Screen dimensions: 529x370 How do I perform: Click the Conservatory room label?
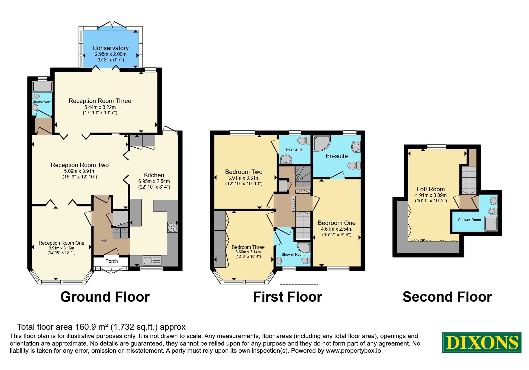coord(111,48)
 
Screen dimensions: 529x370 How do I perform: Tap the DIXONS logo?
coord(482,342)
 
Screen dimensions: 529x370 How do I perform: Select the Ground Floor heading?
coord(105,297)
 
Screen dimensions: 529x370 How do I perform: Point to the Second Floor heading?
coord(447,297)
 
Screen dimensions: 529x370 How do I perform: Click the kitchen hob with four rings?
coord(172,227)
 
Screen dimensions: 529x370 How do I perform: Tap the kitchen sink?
coord(152,260)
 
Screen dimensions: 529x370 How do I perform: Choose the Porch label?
coord(111,261)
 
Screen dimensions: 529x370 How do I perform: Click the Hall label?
coord(104,240)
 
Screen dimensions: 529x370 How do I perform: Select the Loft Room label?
coord(431,189)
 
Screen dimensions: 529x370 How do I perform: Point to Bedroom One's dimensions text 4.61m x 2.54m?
coord(337,229)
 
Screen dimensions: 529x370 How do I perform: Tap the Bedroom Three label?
coord(248,247)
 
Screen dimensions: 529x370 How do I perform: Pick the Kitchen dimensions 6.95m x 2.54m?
coord(154,181)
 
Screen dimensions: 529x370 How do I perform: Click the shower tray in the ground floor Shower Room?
coord(42,87)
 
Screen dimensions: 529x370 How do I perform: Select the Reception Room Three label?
coord(100,101)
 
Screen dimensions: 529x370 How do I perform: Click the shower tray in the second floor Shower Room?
coord(491,224)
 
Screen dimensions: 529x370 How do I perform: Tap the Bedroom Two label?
coord(244,172)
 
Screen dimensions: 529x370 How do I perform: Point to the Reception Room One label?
coord(62,243)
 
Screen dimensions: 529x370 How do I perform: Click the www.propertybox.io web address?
coord(353,351)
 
